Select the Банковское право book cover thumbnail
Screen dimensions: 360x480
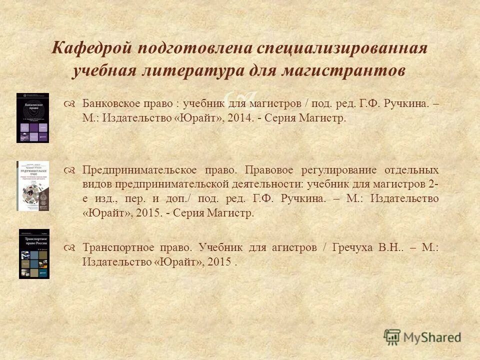(32, 117)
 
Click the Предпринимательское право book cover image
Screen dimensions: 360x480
(32, 185)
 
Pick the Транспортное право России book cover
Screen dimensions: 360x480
(34, 253)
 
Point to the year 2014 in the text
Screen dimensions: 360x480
(238, 119)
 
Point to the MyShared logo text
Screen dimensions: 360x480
(433, 337)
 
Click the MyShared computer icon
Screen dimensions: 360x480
(392, 337)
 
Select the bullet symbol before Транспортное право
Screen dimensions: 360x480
(70, 247)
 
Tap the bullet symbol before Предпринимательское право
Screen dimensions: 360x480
(70, 170)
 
